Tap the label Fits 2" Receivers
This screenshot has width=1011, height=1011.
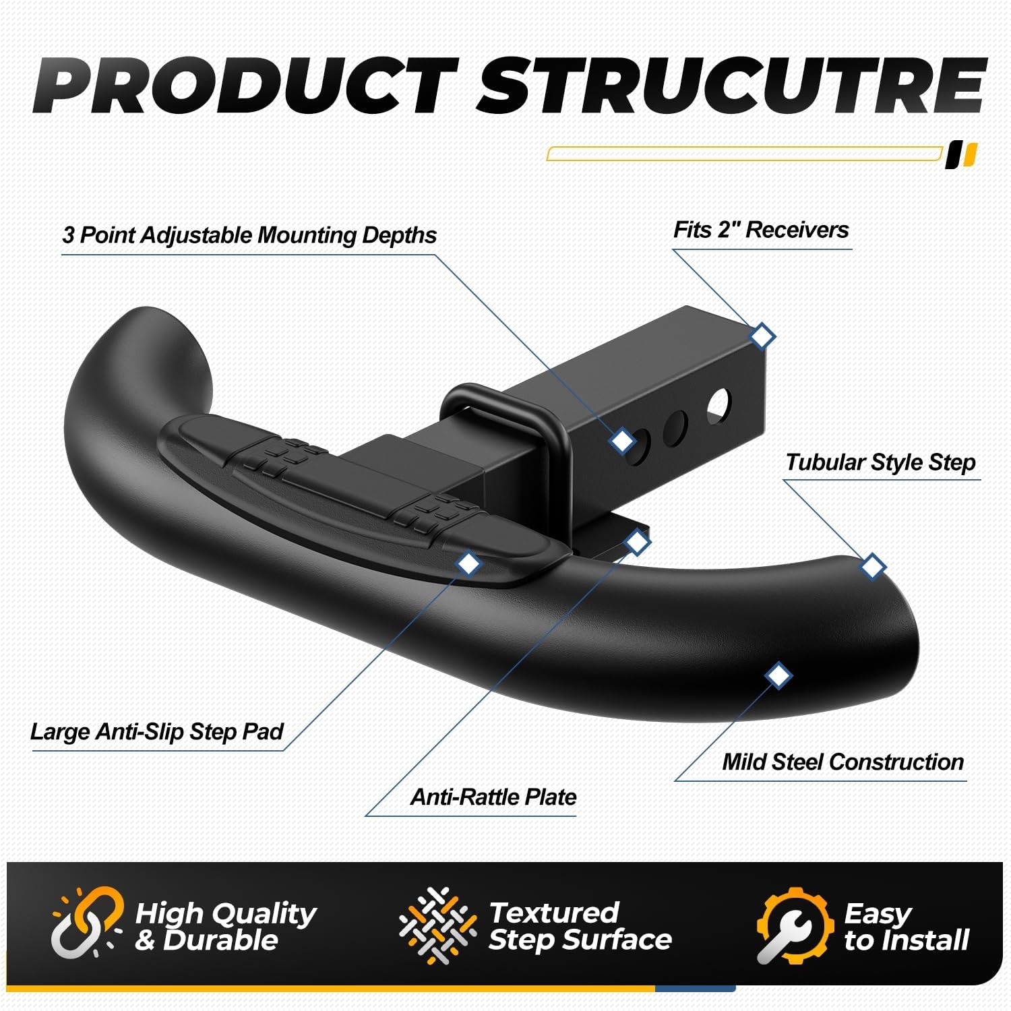[x=761, y=230]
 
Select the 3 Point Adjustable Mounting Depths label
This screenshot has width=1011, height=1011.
[x=249, y=235]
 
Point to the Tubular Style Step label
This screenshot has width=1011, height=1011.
[x=880, y=462]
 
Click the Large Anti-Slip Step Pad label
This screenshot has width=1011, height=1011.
[x=156, y=731]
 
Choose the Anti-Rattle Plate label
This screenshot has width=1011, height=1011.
[x=493, y=797]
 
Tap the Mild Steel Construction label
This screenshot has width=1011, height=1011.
[x=842, y=762]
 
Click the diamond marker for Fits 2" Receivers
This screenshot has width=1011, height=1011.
[x=762, y=335]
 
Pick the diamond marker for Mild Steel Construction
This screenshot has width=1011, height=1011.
[x=778, y=675]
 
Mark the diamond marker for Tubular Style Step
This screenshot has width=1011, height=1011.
[x=873, y=566]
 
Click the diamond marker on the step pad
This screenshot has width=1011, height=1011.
[x=468, y=563]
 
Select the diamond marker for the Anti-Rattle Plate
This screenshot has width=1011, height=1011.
[x=637, y=541]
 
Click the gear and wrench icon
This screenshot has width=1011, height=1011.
[x=793, y=925]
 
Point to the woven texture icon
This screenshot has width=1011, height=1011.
[x=437, y=925]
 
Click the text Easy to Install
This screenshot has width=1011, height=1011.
[x=906, y=927]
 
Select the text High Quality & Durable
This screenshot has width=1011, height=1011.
[x=225, y=927]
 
